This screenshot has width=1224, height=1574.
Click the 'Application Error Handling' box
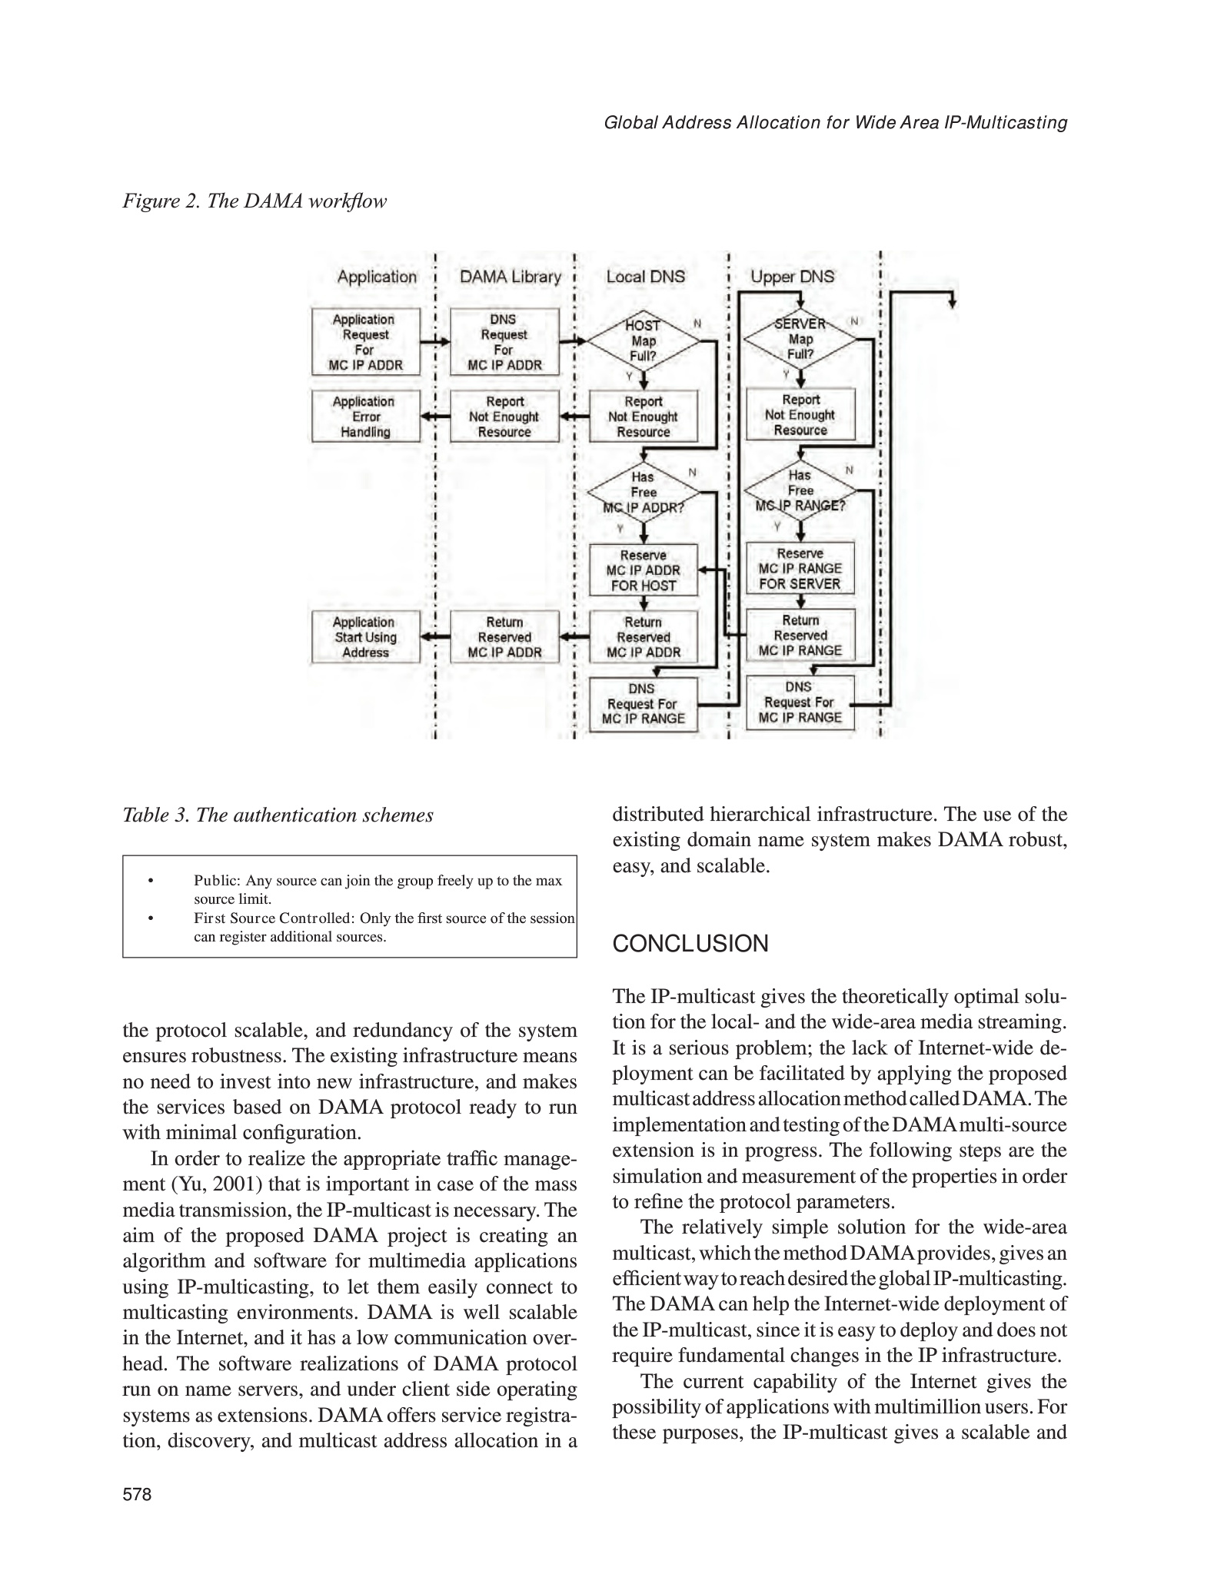tap(366, 417)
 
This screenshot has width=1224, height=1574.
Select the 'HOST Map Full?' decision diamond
tap(644, 340)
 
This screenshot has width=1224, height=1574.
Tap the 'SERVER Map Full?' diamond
tap(800, 339)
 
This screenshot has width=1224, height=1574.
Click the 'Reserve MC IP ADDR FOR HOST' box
tap(644, 570)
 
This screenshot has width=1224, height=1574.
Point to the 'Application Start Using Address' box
tap(366, 637)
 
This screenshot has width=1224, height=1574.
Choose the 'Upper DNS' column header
tap(792, 277)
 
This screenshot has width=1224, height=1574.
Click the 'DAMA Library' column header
tap(511, 277)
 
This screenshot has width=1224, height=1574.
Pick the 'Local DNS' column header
tap(645, 277)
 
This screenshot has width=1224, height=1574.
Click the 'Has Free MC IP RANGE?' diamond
tap(800, 490)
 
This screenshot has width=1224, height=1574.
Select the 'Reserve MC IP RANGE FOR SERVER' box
tap(800, 569)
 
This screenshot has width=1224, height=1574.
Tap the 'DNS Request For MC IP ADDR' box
tap(504, 342)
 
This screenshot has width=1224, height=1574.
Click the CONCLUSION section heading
tap(690, 944)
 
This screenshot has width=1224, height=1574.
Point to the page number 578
tap(138, 1495)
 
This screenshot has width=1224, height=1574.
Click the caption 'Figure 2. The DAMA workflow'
tap(254, 201)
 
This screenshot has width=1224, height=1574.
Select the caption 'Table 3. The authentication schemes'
tap(278, 815)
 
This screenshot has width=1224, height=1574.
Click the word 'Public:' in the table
tap(218, 881)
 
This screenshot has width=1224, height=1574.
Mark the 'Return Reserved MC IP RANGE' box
tap(800, 636)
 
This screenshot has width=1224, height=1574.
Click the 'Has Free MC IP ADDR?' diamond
tap(644, 492)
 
